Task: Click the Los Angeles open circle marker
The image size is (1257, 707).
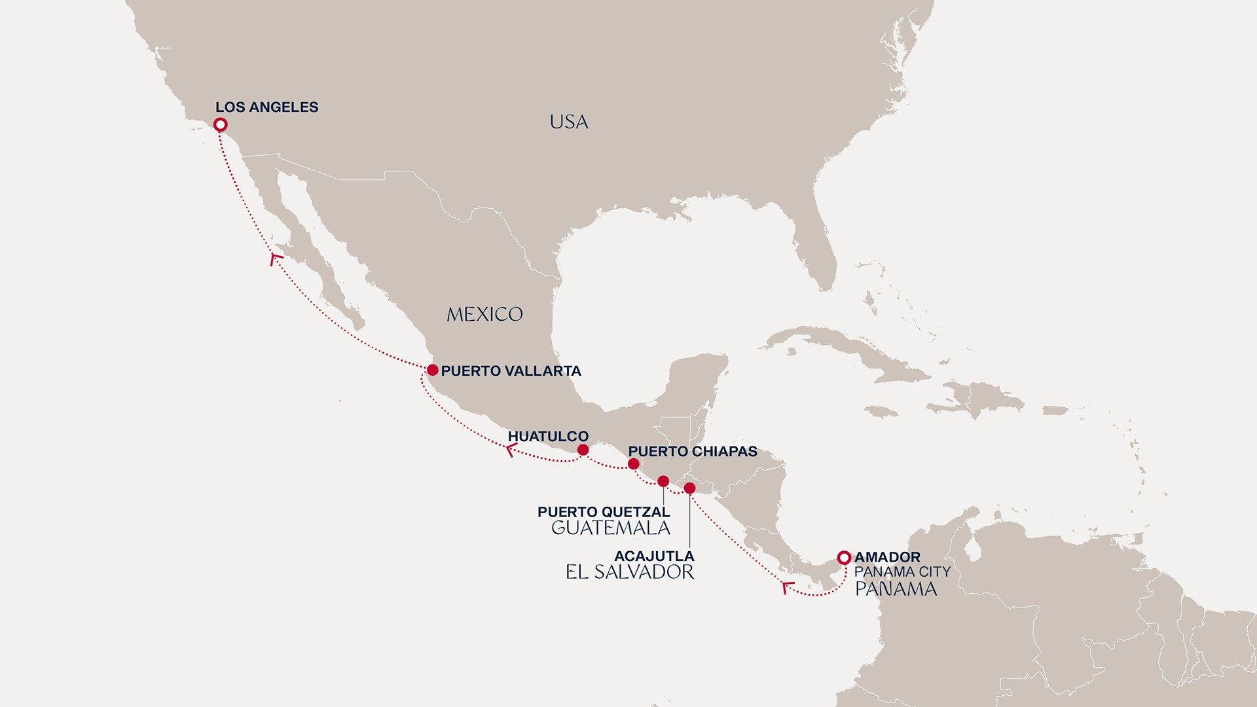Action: tap(221, 124)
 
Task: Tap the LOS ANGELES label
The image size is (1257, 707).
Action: tap(266, 107)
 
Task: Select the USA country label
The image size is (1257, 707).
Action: tap(568, 122)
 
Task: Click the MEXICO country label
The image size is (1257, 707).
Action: tap(484, 315)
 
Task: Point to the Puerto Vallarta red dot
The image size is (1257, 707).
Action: tap(432, 371)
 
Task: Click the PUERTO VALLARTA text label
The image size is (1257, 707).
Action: tap(511, 371)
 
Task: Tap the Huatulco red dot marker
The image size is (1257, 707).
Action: tap(583, 450)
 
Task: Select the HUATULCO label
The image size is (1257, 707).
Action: tap(548, 436)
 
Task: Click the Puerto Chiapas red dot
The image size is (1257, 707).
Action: tap(633, 464)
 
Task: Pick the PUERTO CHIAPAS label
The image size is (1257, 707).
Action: tap(692, 452)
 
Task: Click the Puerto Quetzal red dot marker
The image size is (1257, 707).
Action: tap(663, 482)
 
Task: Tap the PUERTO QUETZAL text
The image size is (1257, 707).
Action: tap(604, 512)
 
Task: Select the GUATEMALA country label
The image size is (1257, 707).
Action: tap(610, 528)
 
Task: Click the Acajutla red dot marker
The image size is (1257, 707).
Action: tap(689, 488)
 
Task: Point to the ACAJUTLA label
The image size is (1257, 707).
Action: tap(654, 556)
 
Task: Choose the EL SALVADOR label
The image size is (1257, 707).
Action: tap(630, 572)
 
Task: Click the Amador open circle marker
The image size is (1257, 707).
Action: tap(844, 558)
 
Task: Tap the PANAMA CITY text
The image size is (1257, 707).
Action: tap(902, 572)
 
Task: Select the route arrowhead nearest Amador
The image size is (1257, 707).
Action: tap(788, 587)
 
